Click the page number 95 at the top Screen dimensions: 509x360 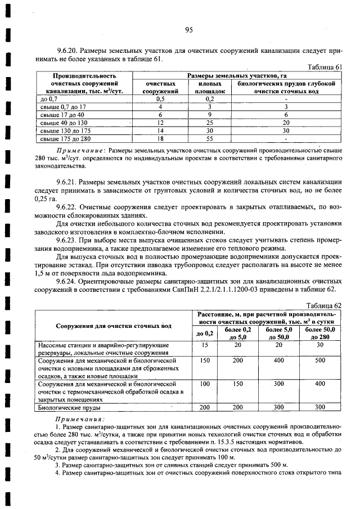pos(188,30)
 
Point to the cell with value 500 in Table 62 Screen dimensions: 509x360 pos(320,361)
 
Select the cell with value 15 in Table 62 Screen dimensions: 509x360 pos(204,345)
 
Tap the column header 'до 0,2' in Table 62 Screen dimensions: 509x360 pos(204,333)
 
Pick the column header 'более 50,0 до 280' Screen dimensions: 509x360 pos(320,333)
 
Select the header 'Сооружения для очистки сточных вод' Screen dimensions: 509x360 pos(113,325)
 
